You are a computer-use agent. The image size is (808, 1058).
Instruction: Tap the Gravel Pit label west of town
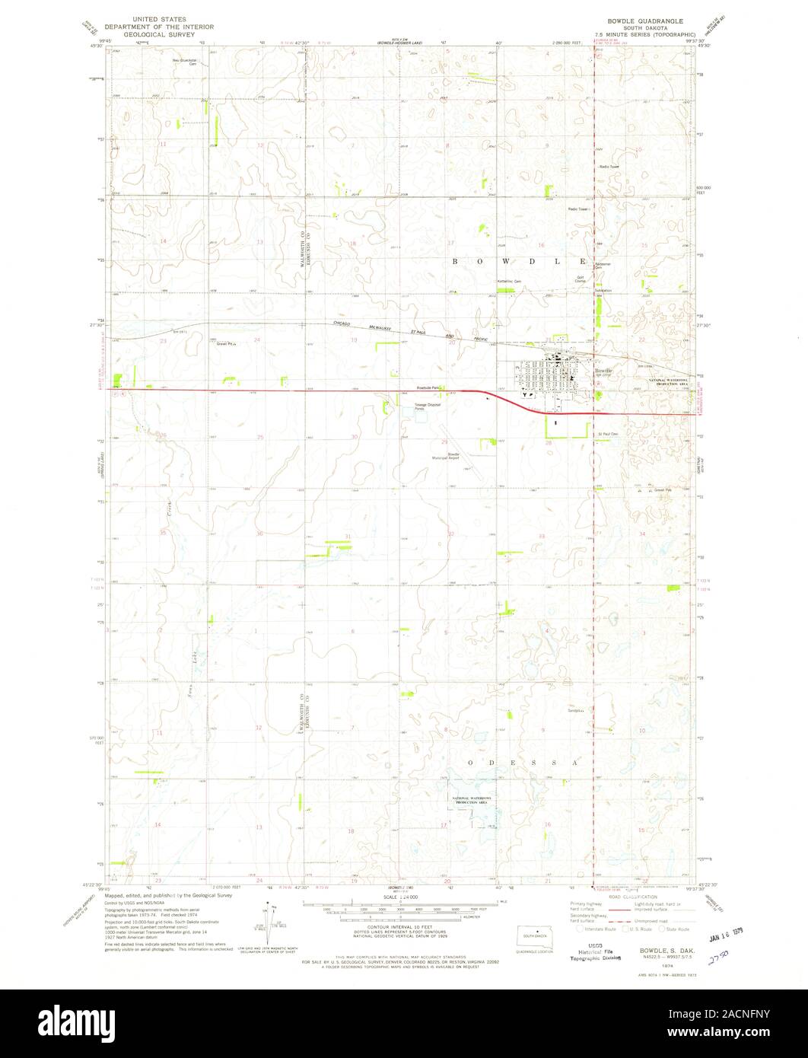point(227,343)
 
